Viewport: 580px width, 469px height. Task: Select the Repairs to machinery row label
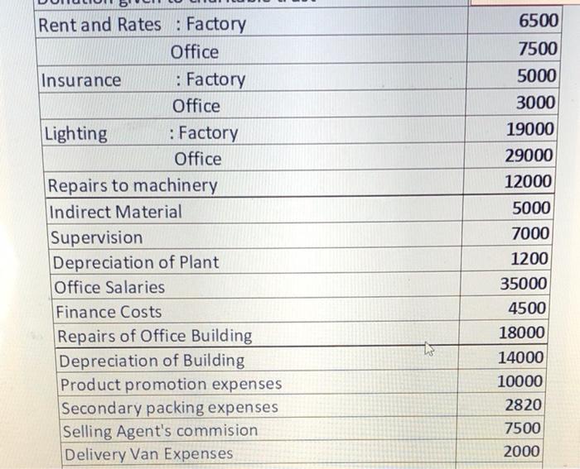coord(133,185)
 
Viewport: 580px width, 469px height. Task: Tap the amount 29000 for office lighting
coord(529,156)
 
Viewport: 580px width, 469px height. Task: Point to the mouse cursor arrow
coord(429,351)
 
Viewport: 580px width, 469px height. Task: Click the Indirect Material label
coord(115,212)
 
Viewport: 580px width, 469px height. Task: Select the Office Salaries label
coord(109,288)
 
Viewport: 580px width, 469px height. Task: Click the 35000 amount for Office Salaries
coord(524,284)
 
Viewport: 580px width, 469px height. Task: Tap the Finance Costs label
coord(109,313)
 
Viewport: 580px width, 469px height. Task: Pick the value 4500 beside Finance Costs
coord(528,309)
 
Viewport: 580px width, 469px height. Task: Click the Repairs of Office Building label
coord(154,336)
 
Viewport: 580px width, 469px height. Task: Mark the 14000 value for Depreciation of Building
coord(521,357)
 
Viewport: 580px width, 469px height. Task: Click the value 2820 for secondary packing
coord(524,405)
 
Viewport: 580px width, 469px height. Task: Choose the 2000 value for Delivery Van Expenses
coord(524,451)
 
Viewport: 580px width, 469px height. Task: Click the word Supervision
coord(96,237)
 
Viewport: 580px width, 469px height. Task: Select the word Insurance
coord(81,80)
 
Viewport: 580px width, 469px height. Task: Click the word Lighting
coord(76,134)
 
